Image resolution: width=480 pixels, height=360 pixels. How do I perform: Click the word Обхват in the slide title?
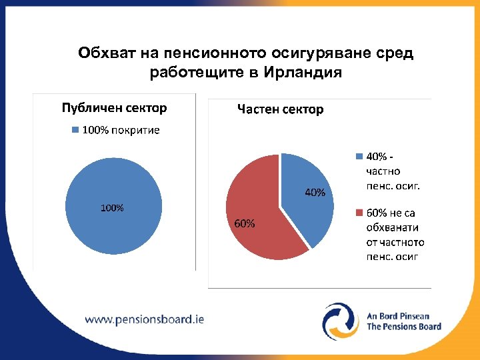click(101, 53)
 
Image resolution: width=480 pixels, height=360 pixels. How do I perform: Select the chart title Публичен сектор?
click(114, 108)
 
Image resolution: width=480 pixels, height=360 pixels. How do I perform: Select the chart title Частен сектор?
click(281, 109)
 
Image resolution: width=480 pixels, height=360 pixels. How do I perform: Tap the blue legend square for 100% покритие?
click(75, 130)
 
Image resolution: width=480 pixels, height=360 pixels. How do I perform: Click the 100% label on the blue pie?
click(112, 207)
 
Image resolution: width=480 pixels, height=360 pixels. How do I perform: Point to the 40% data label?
click(315, 193)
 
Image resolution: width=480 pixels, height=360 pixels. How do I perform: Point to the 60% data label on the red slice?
click(244, 223)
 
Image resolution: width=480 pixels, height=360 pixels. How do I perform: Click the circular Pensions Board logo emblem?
click(341, 320)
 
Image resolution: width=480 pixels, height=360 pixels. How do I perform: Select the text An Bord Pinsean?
click(399, 316)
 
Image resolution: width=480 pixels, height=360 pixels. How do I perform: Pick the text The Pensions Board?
click(404, 327)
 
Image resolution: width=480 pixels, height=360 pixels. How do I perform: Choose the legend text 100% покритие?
click(121, 130)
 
